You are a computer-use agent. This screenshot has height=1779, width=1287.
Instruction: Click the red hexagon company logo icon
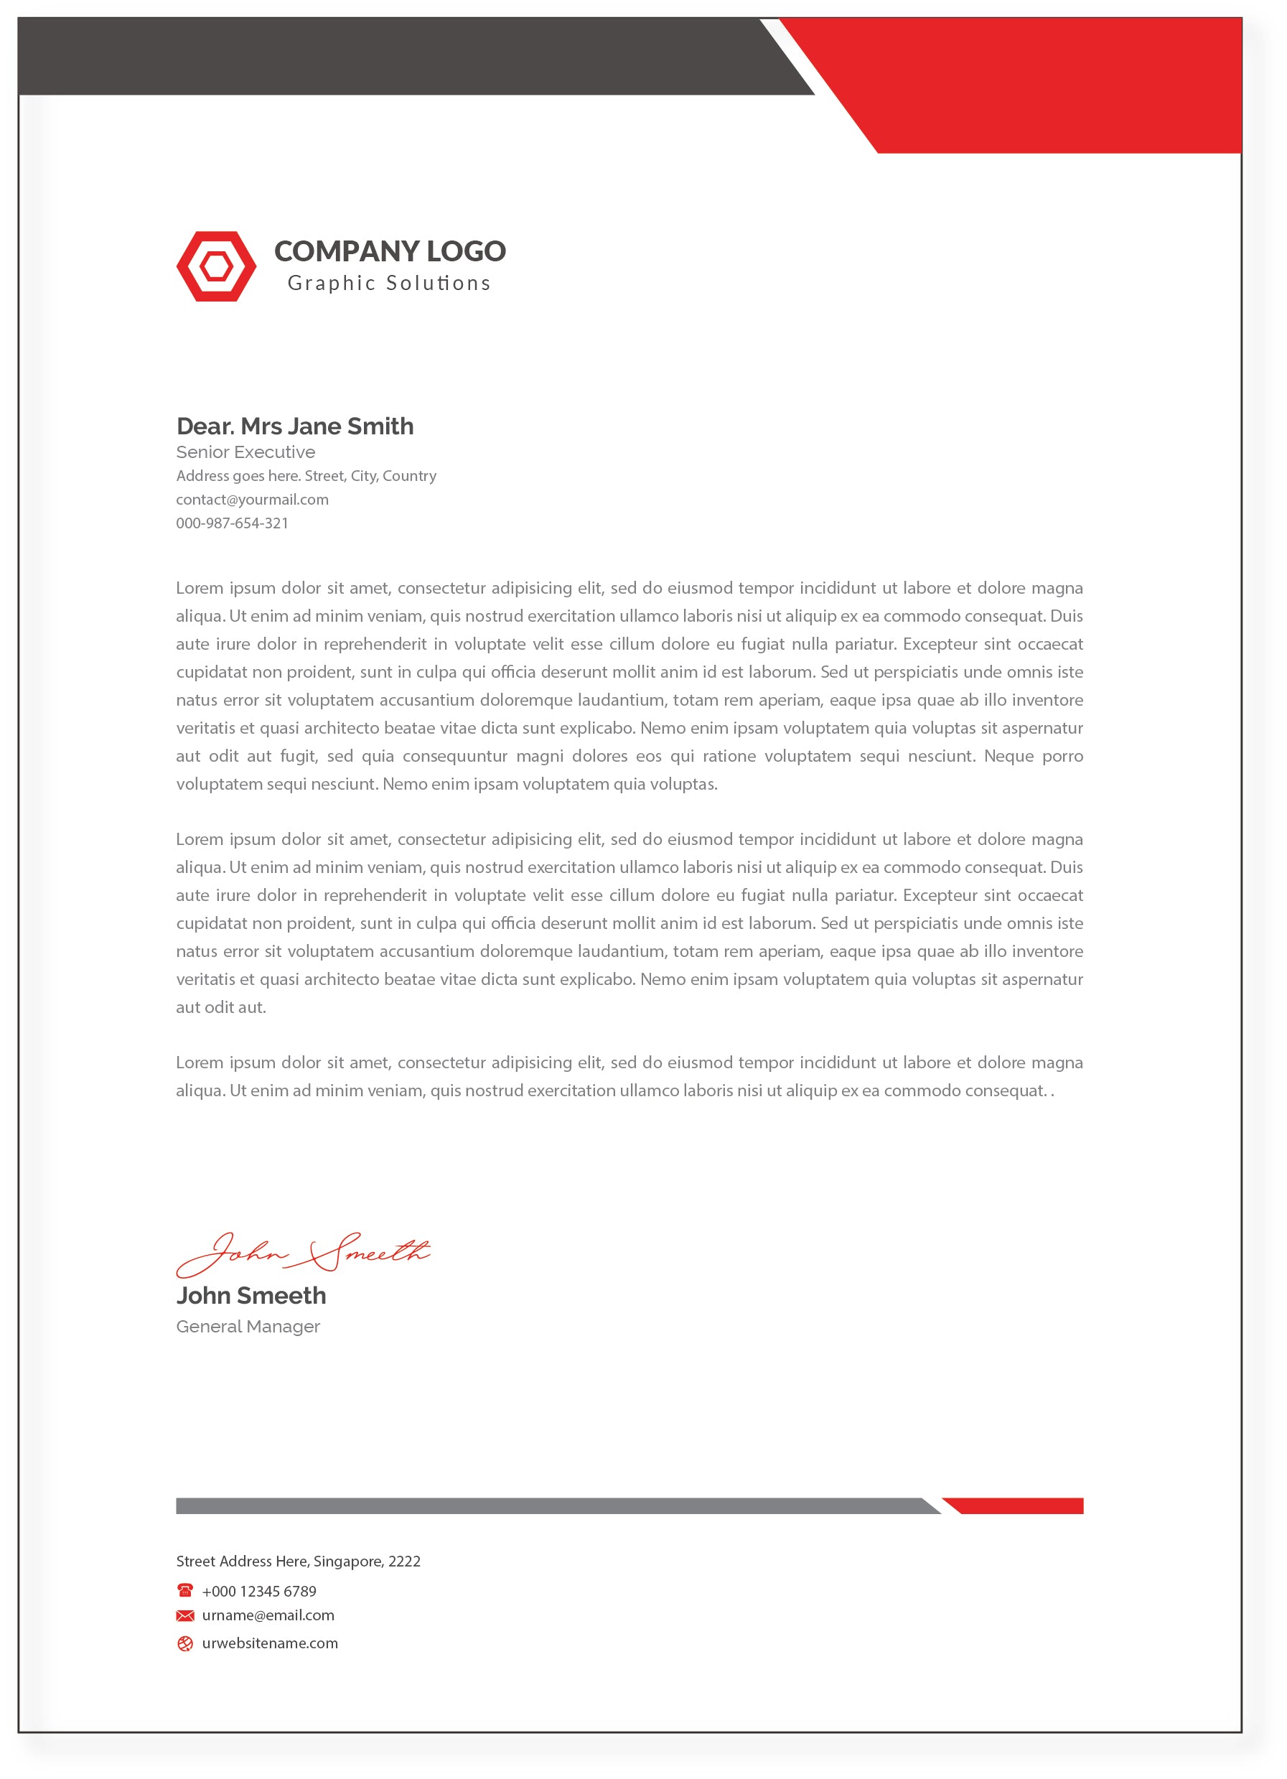215,266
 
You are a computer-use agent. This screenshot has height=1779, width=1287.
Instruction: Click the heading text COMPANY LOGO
390,251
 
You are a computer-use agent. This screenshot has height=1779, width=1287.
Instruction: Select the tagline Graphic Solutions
389,283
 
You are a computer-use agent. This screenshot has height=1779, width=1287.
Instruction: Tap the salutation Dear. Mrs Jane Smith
295,426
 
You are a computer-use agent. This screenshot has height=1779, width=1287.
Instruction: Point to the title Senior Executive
245,452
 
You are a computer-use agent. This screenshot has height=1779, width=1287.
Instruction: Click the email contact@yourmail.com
252,500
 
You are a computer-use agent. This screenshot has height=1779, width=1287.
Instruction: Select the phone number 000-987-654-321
232,523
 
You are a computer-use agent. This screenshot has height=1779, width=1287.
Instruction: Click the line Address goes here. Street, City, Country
306,476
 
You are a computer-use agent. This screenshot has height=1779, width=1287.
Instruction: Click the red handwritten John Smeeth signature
302,1253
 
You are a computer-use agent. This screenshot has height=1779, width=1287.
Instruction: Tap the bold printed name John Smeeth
251,1296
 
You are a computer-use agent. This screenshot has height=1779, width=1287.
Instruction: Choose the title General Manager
248,1327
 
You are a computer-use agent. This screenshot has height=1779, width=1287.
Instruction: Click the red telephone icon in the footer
185,1591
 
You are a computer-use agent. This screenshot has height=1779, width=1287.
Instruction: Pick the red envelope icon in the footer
185,1616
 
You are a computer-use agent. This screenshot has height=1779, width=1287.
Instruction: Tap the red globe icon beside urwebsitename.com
185,1644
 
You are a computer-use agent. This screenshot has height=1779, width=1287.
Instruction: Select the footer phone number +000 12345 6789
259,1592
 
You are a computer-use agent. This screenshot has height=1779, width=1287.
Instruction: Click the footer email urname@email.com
268,1616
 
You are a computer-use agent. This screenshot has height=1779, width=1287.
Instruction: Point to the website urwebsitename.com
270,1643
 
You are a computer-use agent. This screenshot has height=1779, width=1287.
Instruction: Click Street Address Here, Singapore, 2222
298,1561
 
